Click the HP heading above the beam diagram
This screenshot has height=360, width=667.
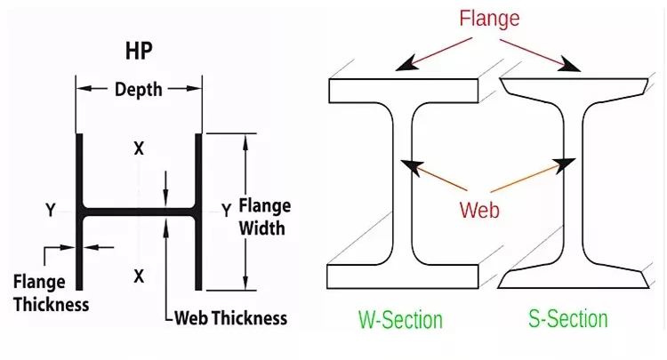(x=139, y=51)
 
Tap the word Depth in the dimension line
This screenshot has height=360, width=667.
(x=139, y=90)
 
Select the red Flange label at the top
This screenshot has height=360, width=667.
(x=489, y=19)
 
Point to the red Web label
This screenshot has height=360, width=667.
(x=479, y=210)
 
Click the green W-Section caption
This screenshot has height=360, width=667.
(x=400, y=320)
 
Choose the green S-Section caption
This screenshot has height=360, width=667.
(x=568, y=319)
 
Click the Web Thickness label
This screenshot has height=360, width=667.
(x=231, y=318)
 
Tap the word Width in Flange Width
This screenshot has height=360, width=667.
(x=261, y=228)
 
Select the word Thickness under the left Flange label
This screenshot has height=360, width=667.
(x=51, y=305)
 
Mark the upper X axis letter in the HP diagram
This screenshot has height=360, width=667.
(x=139, y=148)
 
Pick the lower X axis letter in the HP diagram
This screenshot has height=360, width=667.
(x=139, y=276)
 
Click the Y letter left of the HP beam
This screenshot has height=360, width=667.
(x=51, y=210)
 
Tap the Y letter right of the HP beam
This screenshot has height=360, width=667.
(x=226, y=210)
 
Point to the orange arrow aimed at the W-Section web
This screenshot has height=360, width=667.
(x=434, y=175)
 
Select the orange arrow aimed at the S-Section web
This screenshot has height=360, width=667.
(x=533, y=175)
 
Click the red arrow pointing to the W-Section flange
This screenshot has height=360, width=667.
(x=433, y=54)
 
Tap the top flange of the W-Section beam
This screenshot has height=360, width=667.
(x=403, y=91)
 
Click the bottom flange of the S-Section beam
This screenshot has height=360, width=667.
(x=574, y=278)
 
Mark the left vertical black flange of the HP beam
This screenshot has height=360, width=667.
(x=79, y=212)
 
